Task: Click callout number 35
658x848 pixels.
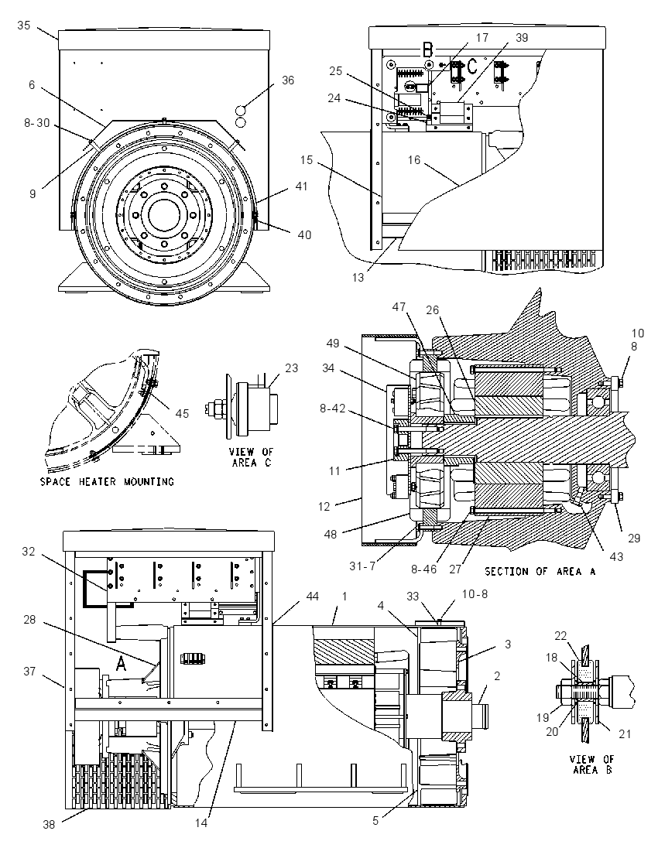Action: (x=24, y=25)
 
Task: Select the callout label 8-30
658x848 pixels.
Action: (x=37, y=123)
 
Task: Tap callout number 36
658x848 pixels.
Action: (x=288, y=80)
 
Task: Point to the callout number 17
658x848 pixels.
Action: (x=482, y=37)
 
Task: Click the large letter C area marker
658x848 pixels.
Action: (x=472, y=66)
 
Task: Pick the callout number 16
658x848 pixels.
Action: (x=414, y=160)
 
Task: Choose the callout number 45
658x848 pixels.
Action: (x=183, y=413)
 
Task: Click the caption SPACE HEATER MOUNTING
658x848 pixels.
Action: (x=107, y=481)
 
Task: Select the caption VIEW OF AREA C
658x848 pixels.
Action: (x=252, y=457)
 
